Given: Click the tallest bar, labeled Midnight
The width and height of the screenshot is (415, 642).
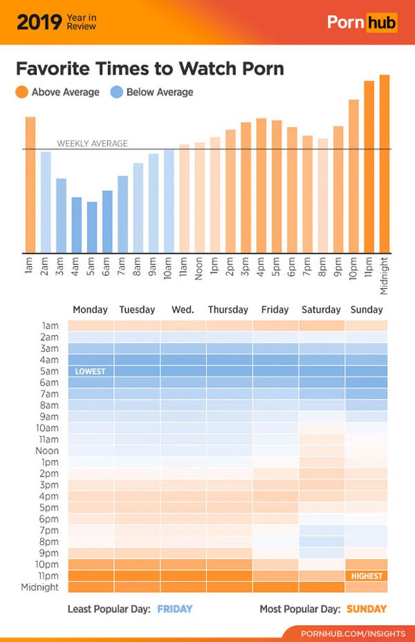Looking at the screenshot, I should tap(385, 164).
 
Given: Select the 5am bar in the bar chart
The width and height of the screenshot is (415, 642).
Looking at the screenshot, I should tap(92, 227).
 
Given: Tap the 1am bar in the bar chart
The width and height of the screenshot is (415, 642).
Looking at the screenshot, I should tap(30, 185).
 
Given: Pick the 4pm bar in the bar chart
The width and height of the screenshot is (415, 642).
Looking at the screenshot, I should tap(261, 186).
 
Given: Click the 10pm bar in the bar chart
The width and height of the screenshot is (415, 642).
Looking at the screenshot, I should tap(354, 176).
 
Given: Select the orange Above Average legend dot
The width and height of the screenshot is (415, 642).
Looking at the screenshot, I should tap(21, 92).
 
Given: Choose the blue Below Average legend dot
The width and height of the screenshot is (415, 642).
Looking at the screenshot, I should tap(116, 92).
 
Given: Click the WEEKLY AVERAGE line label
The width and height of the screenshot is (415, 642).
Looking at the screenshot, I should tap(92, 143).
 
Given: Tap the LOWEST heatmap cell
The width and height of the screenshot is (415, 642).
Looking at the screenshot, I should tap(90, 371).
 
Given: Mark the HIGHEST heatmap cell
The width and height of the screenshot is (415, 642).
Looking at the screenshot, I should tap(367, 575).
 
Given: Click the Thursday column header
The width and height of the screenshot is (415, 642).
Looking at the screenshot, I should tap(228, 309).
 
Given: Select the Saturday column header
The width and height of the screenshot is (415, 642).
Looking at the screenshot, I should tap(321, 309).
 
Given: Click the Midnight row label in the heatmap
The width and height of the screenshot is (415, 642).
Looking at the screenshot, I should tap(39, 587).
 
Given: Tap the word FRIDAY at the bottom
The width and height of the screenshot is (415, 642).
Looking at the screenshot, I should tap(175, 608).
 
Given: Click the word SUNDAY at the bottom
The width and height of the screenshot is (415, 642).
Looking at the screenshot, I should tap(367, 608).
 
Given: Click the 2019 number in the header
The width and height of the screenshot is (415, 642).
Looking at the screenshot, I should tap(38, 22).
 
